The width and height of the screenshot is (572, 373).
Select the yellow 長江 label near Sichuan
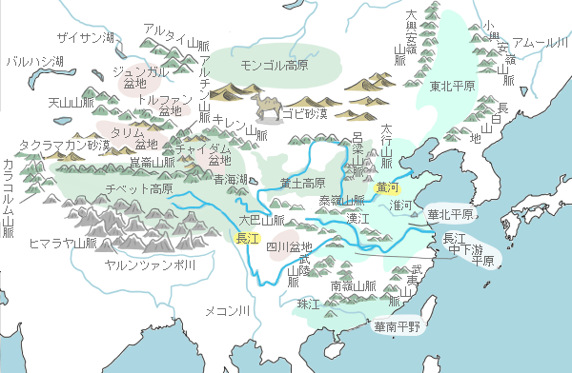tap(248, 239)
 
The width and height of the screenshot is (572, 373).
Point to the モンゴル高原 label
tap(275, 64)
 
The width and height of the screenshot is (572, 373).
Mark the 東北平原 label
tap(452, 87)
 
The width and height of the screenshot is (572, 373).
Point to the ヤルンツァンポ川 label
tap(150, 265)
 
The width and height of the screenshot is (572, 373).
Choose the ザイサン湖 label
tap(86, 37)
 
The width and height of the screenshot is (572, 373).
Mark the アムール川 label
tap(540, 43)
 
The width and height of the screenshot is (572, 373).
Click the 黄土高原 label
tap(303, 182)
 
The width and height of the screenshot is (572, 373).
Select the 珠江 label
tap(309, 304)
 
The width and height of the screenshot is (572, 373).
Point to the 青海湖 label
tap(231, 179)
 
